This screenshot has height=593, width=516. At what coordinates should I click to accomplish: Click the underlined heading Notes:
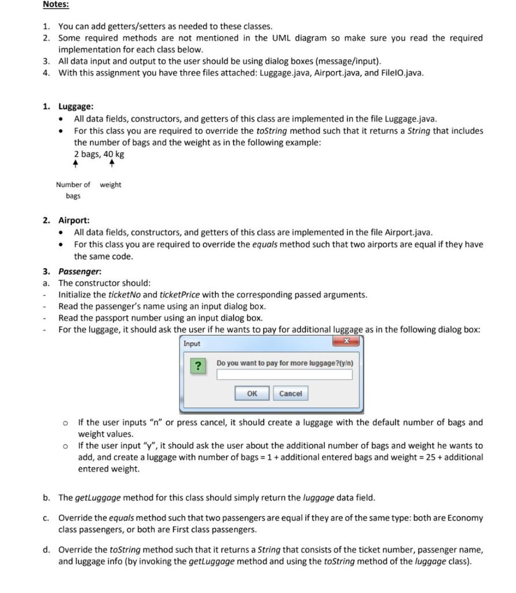point(56,5)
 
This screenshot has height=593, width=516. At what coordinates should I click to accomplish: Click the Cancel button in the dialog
point(290,394)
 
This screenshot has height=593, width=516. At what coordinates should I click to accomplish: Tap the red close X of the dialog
point(346,342)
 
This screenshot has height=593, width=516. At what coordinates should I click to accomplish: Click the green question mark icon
point(199,366)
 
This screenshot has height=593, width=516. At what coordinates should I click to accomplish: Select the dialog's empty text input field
point(284,375)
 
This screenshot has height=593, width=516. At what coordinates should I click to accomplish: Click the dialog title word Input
point(192,344)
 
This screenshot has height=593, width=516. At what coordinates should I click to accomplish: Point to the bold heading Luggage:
point(76,107)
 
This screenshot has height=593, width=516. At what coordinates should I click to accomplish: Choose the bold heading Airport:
point(74,220)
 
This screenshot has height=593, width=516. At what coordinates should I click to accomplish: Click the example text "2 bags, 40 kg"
point(99,154)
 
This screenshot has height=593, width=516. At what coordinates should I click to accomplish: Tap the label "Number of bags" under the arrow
point(73,191)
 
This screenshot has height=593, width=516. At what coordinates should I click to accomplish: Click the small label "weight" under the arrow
point(111,185)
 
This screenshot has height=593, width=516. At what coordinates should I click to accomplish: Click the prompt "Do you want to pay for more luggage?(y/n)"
point(284,363)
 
